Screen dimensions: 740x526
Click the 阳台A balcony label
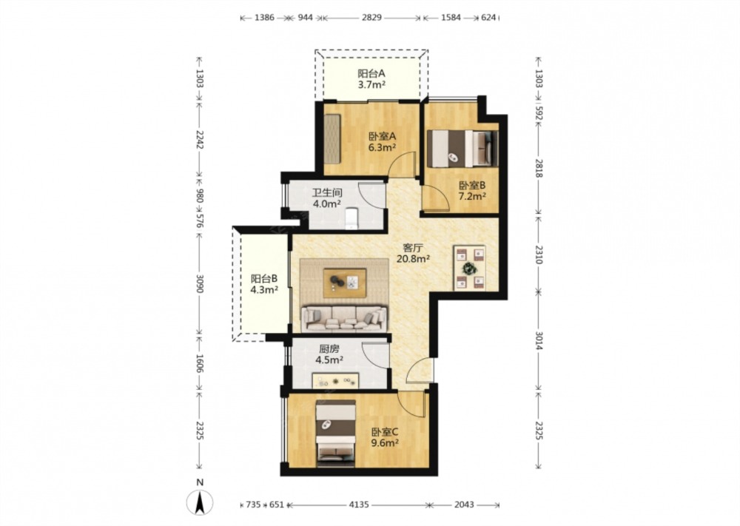point(371,73)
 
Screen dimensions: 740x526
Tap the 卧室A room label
point(382,137)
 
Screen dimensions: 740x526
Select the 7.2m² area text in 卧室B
point(472,196)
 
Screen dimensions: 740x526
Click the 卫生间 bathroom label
point(327,193)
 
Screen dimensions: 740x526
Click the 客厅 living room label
point(412,247)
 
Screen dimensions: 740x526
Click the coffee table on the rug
point(345,283)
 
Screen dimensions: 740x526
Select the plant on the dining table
point(469,269)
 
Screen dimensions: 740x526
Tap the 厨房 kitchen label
point(329,349)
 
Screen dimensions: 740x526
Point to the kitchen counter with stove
point(335,380)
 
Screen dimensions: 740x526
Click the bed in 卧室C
point(335,433)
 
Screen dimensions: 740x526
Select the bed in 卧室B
point(462,148)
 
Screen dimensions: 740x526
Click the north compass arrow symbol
point(200,502)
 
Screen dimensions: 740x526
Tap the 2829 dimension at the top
point(372,18)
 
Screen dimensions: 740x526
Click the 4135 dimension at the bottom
point(359,505)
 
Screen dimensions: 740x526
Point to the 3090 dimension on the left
point(200,283)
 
